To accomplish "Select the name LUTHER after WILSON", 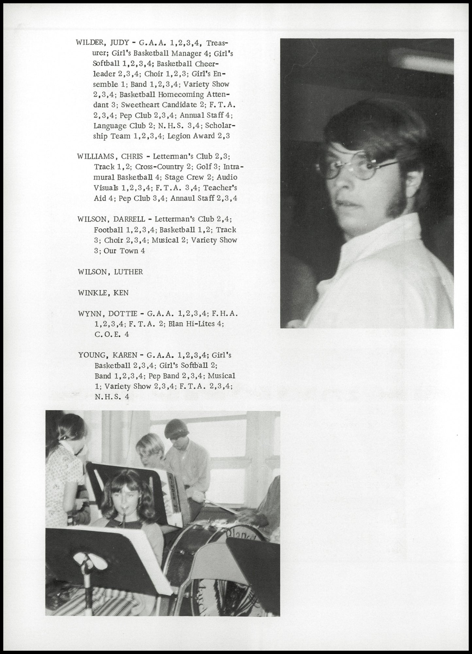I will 128,272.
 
